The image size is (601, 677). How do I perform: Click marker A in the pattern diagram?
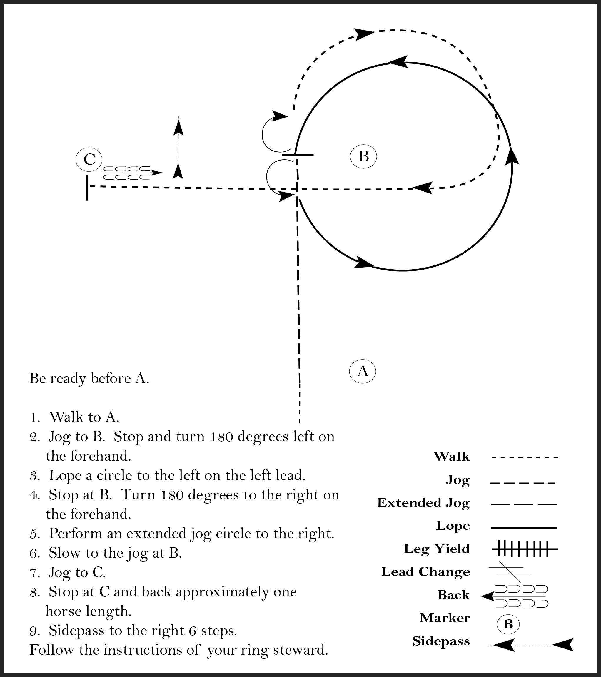363,371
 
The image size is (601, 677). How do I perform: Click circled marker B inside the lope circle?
363,156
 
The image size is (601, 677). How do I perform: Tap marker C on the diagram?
89,159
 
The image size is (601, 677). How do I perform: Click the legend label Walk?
451,457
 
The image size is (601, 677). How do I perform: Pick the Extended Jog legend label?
423,502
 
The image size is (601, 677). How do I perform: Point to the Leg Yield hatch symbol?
524,549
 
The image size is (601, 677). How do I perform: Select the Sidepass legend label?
441,641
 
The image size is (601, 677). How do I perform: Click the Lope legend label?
453,526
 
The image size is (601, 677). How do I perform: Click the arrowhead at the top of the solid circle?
397,62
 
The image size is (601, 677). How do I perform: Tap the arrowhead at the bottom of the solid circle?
364,263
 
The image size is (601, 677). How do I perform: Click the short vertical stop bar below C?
87,188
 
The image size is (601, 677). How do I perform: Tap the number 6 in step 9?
193,631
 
